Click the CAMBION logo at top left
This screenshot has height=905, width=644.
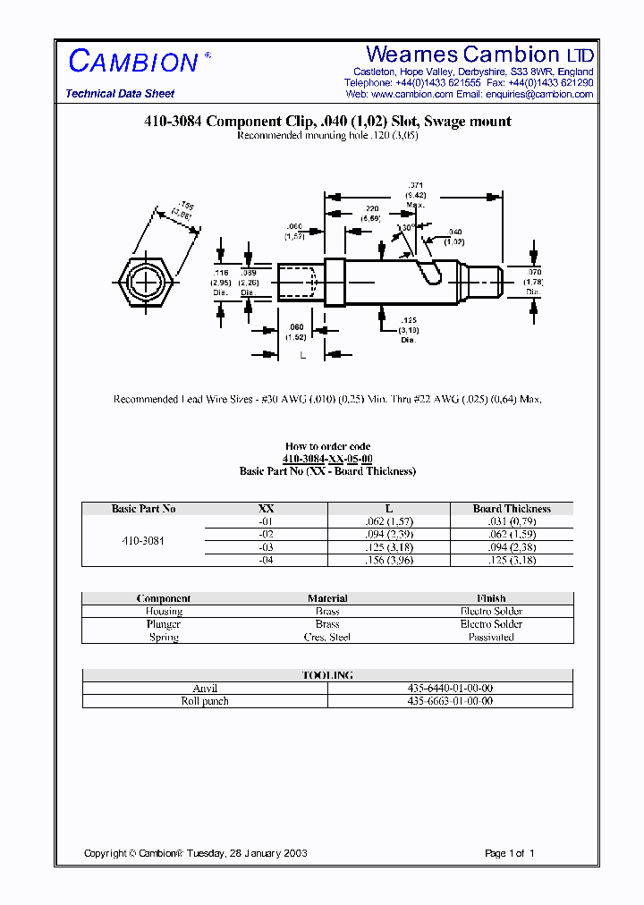[133, 62]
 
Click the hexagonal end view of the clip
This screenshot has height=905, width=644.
[143, 282]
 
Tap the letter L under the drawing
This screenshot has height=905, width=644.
[302, 355]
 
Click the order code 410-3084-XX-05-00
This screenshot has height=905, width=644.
[327, 459]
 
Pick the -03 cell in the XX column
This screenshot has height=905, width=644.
[266, 547]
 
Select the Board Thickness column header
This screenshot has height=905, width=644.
[512, 509]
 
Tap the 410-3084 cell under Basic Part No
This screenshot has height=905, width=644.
[143, 541]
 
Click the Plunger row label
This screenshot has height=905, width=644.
[164, 624]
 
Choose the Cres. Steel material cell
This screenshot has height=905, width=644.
[327, 638]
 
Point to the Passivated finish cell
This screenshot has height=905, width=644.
[491, 638]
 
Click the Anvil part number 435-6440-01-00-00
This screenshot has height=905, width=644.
[450, 689]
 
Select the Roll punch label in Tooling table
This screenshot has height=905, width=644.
[205, 701]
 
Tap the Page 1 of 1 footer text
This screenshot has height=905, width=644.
[509, 853]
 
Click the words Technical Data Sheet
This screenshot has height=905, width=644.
[120, 94]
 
